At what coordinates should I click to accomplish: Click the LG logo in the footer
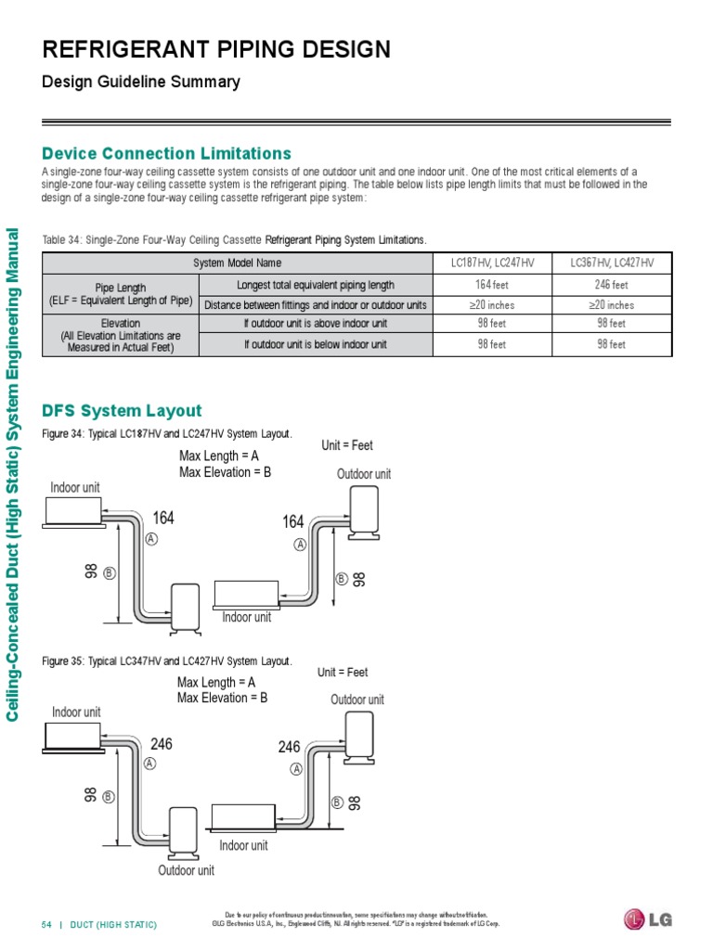click(x=647, y=919)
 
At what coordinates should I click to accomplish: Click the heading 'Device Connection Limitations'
click(x=167, y=153)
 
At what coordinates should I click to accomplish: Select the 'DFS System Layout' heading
click(x=122, y=410)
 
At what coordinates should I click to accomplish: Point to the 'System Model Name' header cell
click(x=238, y=263)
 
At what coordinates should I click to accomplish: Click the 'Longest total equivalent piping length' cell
click(x=316, y=285)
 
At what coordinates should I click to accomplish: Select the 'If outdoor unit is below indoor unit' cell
click(x=316, y=344)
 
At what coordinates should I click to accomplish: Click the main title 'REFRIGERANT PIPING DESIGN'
click(x=216, y=49)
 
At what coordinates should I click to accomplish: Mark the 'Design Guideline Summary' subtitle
click(x=141, y=82)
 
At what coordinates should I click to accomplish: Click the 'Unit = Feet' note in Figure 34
click(x=347, y=445)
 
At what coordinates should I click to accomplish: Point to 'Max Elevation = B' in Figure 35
click(x=222, y=698)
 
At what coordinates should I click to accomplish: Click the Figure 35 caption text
click(x=167, y=661)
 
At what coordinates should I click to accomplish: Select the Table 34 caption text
click(x=235, y=239)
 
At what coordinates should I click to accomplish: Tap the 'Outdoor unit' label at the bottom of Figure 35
click(x=186, y=870)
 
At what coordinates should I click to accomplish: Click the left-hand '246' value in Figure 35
click(x=162, y=744)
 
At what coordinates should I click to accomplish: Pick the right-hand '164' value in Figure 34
click(x=293, y=523)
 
